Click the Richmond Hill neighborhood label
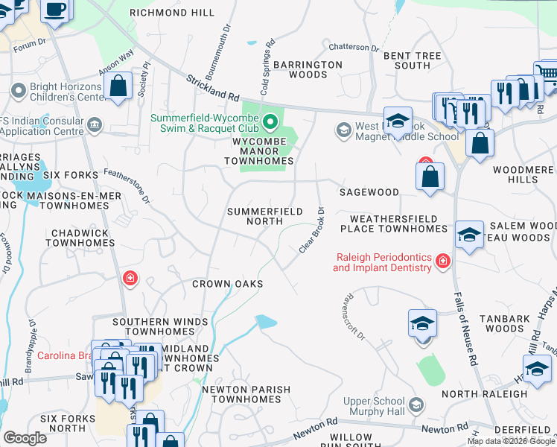click(x=172, y=13)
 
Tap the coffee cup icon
click(x=54, y=10)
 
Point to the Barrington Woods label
click(x=308, y=70)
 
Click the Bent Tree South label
click(x=407, y=60)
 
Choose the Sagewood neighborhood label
click(x=369, y=192)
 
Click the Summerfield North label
click(x=264, y=217)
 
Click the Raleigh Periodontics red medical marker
click(x=443, y=261)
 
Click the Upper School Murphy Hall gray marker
click(x=416, y=406)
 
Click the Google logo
click(x=25, y=438)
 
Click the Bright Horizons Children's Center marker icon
click(x=18, y=91)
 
